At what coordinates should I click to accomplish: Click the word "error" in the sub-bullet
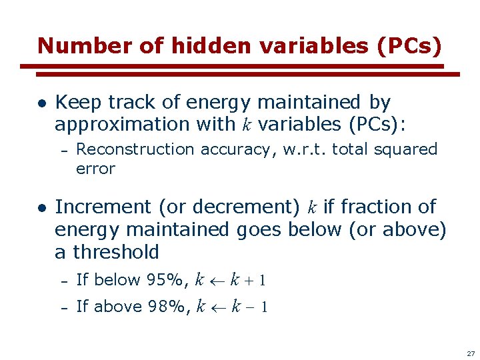point(95,169)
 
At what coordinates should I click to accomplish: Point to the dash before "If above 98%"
point(65,307)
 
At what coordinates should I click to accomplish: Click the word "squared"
point(409,149)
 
